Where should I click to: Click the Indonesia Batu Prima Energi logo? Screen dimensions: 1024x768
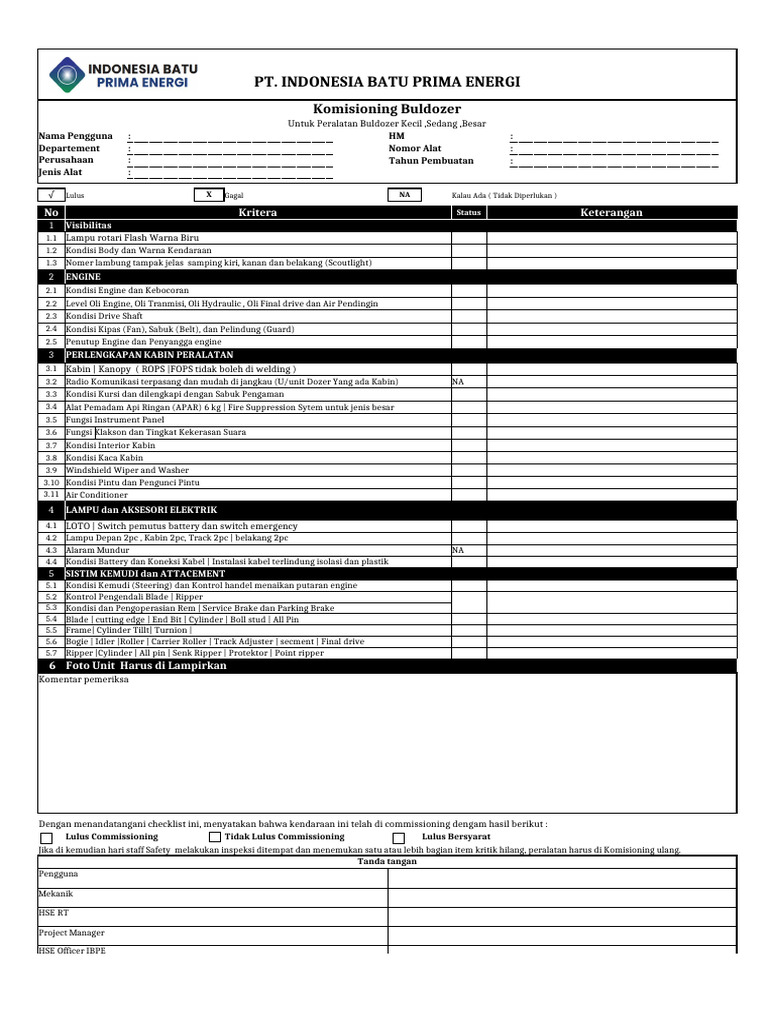click(x=123, y=75)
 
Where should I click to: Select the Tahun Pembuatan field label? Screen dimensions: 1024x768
click(x=431, y=160)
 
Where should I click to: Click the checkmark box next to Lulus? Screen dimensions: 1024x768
click(x=50, y=195)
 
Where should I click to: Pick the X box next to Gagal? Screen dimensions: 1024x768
click(x=208, y=195)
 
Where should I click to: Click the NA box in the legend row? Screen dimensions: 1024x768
click(x=404, y=195)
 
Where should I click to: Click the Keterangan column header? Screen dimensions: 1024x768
click(x=612, y=213)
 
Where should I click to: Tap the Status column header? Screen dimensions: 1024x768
click(x=468, y=213)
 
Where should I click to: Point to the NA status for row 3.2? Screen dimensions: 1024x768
click(x=459, y=382)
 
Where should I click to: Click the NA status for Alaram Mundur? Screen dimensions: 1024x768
click(x=459, y=550)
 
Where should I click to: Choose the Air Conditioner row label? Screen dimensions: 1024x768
click(x=97, y=495)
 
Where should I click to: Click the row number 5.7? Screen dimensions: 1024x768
click(x=51, y=652)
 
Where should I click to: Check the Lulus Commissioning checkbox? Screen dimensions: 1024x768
click(x=47, y=837)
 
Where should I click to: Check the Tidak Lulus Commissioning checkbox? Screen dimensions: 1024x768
click(x=215, y=837)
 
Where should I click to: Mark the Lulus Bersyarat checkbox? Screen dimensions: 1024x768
click(x=399, y=837)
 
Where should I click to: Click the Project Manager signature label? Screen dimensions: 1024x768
click(x=72, y=932)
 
